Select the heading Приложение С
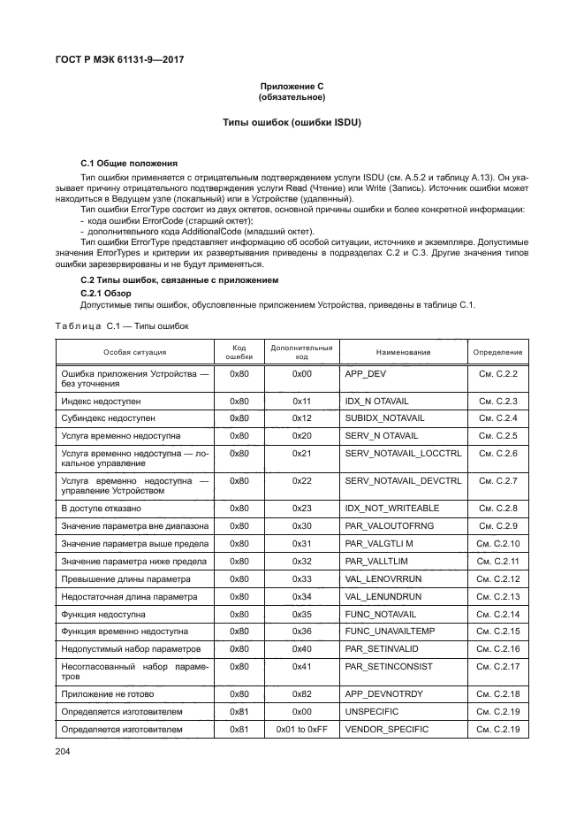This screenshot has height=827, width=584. (292, 86)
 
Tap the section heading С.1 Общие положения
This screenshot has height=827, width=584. (129, 164)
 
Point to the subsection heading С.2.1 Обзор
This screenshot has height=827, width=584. (106, 293)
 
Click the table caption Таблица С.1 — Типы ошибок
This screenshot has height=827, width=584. (121, 326)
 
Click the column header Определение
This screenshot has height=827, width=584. (497, 352)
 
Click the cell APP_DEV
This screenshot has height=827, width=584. (365, 374)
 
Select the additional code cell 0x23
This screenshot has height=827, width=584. (302, 509)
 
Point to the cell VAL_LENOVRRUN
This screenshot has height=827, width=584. (383, 578)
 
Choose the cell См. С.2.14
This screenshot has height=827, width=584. (497, 614)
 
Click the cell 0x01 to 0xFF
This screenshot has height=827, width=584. (302, 730)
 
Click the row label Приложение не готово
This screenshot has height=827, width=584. (107, 694)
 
